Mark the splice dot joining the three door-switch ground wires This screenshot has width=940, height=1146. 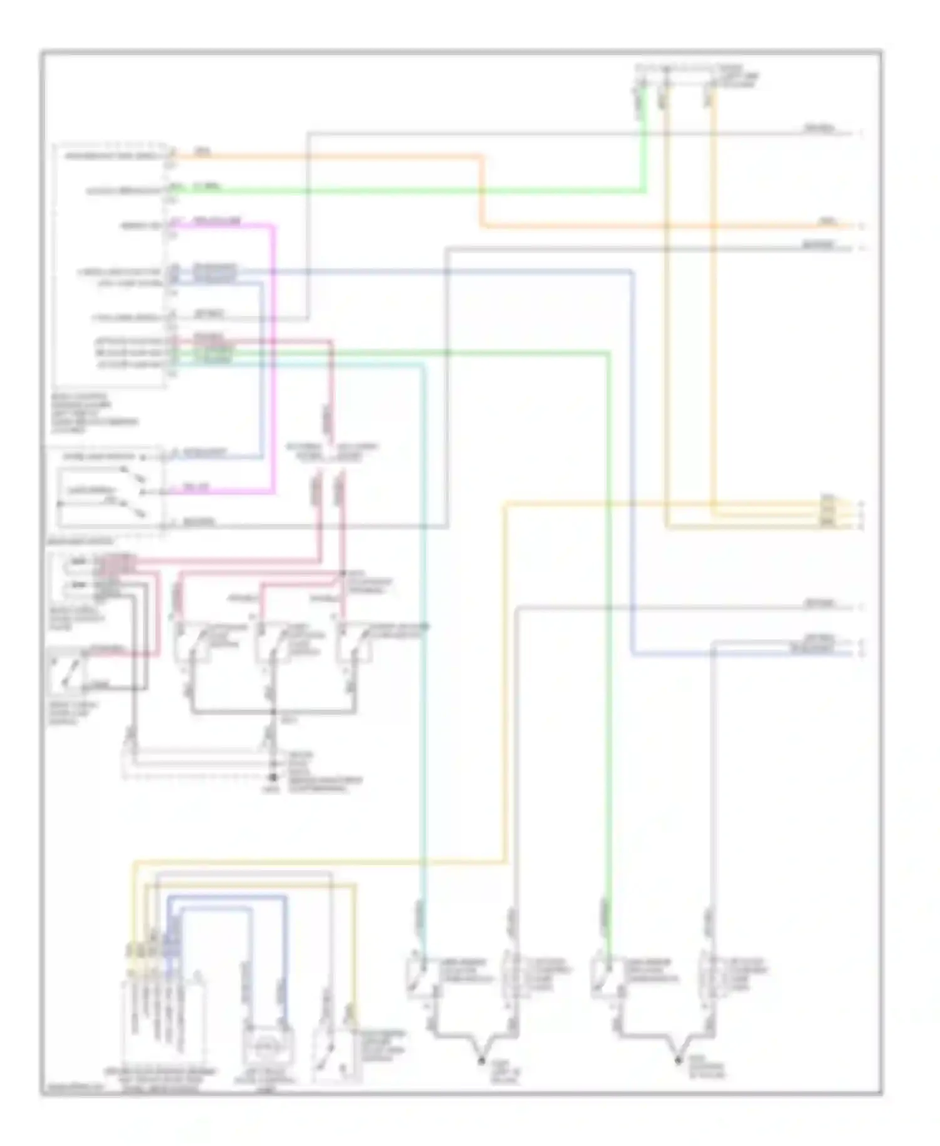pos(273,712)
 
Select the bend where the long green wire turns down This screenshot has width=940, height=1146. pos(607,354)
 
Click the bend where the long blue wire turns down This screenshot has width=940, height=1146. pos(632,272)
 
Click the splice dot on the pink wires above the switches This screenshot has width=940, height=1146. pos(342,573)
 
